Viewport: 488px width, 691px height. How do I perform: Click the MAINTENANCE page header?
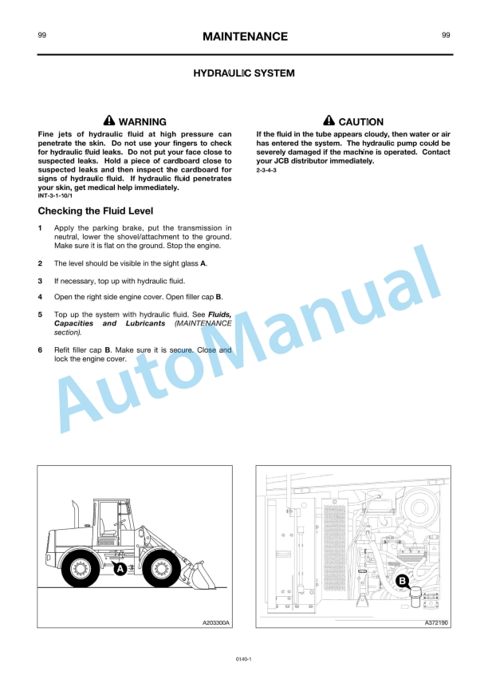(x=245, y=37)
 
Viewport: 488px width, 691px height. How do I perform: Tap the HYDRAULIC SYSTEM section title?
(x=244, y=73)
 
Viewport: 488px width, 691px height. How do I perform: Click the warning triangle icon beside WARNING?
(x=109, y=121)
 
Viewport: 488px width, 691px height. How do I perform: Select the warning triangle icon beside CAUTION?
(x=329, y=121)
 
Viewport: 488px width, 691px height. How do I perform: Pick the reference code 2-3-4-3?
(x=268, y=170)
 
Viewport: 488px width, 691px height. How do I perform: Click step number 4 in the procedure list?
(x=41, y=296)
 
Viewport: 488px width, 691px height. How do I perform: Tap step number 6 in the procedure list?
(x=41, y=350)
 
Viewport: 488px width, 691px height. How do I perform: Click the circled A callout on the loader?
(x=120, y=569)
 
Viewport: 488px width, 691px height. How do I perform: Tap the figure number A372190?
(x=435, y=622)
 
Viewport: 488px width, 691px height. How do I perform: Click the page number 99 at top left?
(x=41, y=35)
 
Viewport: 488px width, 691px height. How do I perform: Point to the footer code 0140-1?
(x=244, y=659)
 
